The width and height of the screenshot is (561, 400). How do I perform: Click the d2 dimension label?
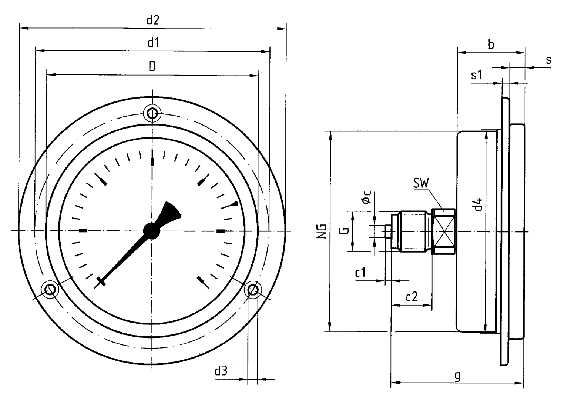(x=152, y=20)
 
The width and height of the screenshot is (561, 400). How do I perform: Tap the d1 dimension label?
(x=153, y=43)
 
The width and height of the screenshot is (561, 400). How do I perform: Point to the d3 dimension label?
(x=221, y=371)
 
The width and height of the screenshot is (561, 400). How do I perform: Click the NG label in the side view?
(x=322, y=231)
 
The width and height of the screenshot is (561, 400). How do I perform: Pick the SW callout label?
(x=421, y=184)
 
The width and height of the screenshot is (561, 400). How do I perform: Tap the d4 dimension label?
(x=478, y=204)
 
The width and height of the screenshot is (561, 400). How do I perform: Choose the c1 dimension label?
(x=360, y=273)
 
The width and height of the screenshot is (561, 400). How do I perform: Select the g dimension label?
(x=458, y=376)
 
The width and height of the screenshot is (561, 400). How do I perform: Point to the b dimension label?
(x=491, y=44)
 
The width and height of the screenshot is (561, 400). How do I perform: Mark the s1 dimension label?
(x=477, y=75)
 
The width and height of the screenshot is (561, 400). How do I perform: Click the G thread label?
(x=343, y=231)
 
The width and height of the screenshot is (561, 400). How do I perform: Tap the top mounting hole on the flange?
(x=152, y=113)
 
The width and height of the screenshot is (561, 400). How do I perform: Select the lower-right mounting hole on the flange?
(x=253, y=290)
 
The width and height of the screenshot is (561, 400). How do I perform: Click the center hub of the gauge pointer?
(x=152, y=230)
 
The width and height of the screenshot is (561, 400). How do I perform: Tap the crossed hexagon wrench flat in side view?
(x=443, y=231)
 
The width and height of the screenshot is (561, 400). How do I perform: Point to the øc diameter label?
(x=366, y=199)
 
